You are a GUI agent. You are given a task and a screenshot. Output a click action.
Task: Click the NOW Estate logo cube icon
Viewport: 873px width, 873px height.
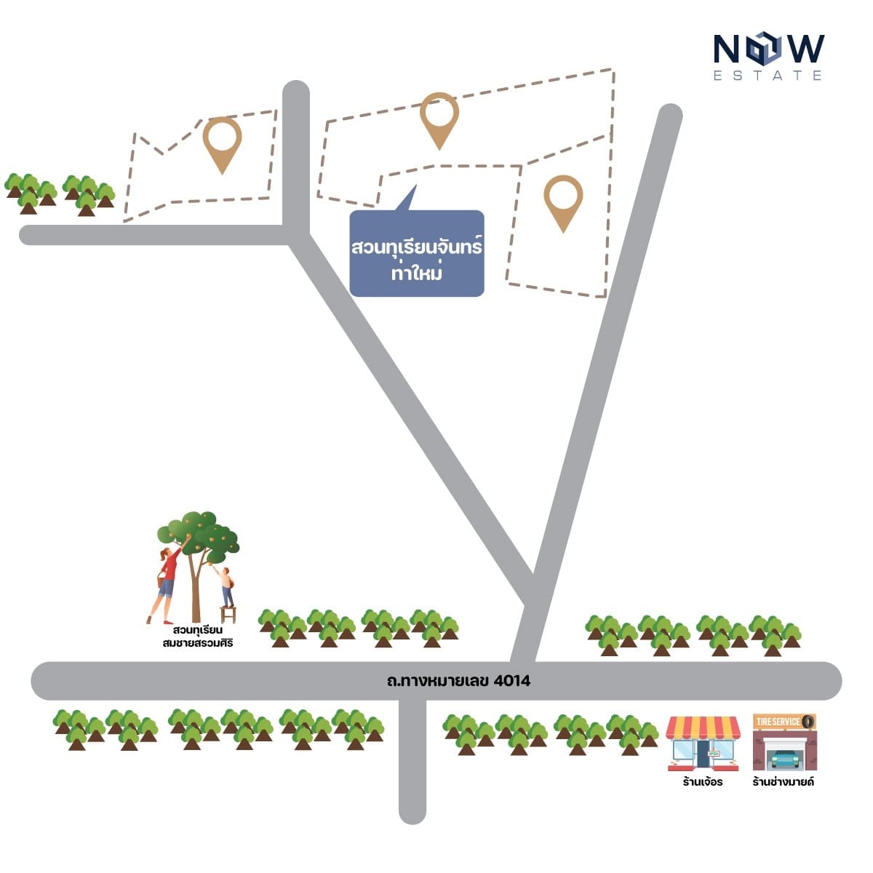pyautogui.click(x=762, y=49)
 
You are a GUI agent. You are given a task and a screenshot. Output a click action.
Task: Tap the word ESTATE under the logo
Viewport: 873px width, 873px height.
pyautogui.click(x=768, y=76)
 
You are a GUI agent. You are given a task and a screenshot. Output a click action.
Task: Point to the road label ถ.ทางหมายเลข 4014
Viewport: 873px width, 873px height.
pyautogui.click(x=458, y=681)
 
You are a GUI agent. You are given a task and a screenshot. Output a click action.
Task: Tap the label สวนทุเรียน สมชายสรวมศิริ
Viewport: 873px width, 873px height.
pyautogui.click(x=198, y=637)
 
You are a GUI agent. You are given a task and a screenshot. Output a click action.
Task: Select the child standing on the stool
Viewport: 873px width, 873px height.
pyautogui.click(x=226, y=587)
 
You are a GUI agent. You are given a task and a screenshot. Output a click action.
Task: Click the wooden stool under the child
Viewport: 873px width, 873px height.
pyautogui.click(x=228, y=615)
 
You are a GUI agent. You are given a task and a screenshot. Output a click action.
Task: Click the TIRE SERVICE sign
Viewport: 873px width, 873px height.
pyautogui.click(x=784, y=722)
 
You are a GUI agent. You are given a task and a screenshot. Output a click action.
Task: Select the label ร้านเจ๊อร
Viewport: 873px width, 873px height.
pyautogui.click(x=703, y=782)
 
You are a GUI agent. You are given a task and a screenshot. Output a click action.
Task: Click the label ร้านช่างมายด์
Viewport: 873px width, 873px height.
pyautogui.click(x=784, y=782)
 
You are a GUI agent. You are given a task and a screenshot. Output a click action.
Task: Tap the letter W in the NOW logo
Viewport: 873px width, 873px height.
pyautogui.click(x=803, y=49)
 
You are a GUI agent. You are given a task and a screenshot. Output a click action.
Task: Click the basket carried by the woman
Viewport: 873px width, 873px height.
pyautogui.click(x=160, y=581)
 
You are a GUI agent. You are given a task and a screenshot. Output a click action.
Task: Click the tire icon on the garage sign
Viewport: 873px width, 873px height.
pyautogui.click(x=808, y=721)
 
